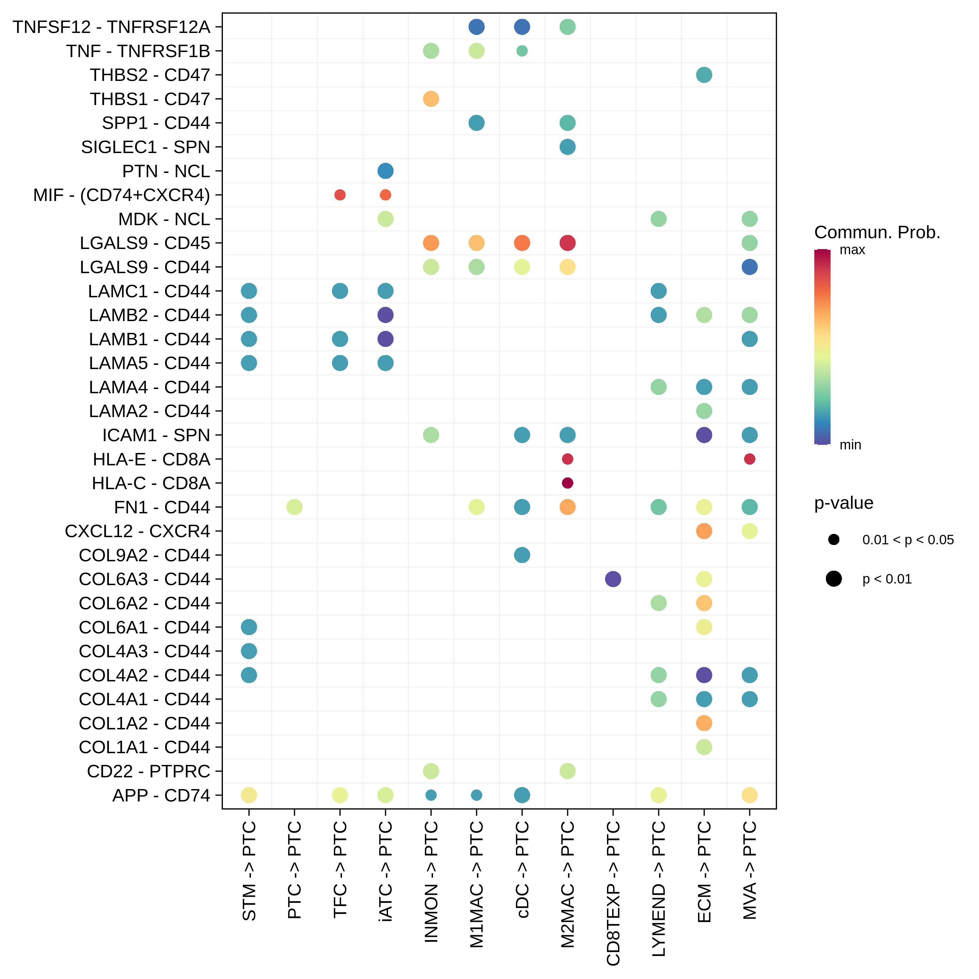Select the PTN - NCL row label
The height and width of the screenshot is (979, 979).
click(166, 171)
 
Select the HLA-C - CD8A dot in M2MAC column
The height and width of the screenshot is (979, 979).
click(567, 483)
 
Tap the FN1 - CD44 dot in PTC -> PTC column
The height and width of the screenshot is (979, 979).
click(294, 507)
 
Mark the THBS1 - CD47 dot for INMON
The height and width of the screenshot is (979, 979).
click(431, 99)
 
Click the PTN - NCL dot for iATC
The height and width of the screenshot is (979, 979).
click(386, 171)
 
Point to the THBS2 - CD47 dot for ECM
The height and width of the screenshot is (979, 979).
click(704, 75)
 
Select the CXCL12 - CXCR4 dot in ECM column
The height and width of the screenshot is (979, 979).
click(704, 531)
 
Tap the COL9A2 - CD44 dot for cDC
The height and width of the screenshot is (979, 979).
click(522, 555)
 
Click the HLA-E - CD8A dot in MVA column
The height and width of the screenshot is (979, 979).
click(750, 459)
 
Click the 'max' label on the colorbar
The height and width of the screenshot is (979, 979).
click(852, 250)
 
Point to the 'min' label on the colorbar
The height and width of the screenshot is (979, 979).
click(850, 445)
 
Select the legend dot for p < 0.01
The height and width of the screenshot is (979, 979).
click(833, 579)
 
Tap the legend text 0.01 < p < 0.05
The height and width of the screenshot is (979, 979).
click(908, 540)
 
